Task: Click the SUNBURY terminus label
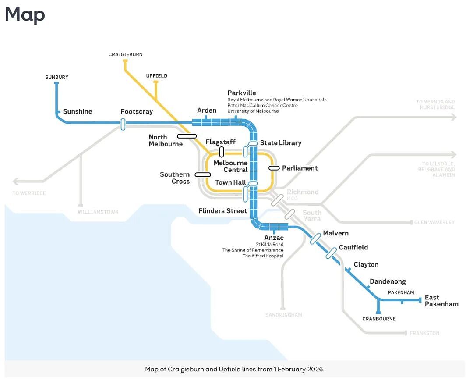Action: pos(56,77)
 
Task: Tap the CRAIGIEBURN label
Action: pos(126,55)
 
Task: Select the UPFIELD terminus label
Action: pos(156,76)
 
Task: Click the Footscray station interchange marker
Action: pos(123,124)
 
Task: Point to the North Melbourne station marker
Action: pos(187,136)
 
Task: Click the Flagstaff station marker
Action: pos(222,152)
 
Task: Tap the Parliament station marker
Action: pos(274,168)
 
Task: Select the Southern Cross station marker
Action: pos(203,174)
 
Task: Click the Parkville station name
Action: pos(242,93)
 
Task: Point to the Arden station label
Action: pos(207,110)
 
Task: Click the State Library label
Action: pos(281,143)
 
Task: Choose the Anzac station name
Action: pos(274,238)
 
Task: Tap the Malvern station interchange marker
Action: pos(315,239)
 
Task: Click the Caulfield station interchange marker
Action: pos(331,253)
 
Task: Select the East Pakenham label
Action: pos(441,301)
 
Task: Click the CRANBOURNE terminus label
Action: pos(379,319)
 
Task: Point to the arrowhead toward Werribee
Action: pos(15,182)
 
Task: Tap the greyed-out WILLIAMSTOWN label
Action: pos(99,212)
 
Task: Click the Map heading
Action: pos(25,14)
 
